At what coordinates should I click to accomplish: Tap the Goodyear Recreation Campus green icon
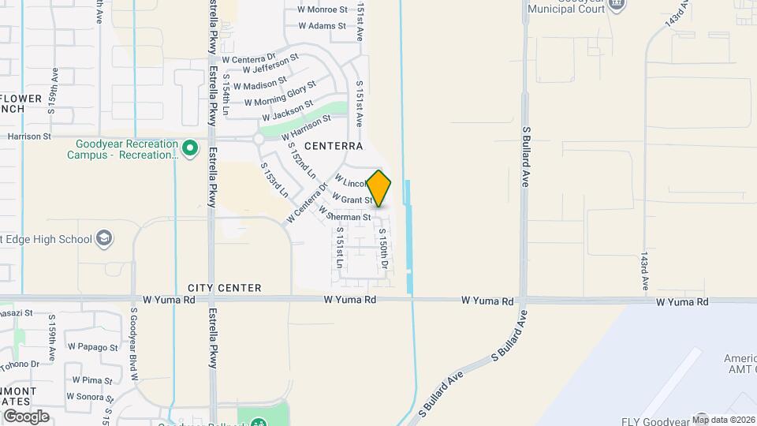[x=189, y=148]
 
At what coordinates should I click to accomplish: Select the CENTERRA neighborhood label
[x=334, y=146]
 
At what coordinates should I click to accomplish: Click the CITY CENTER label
[x=225, y=289]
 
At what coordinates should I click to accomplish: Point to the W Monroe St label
[x=323, y=10]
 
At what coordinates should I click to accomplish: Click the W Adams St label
[x=323, y=26]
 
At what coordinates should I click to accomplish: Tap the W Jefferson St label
[x=270, y=64]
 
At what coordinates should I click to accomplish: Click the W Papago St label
[x=93, y=346]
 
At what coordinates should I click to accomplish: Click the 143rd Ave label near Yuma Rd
[x=644, y=271]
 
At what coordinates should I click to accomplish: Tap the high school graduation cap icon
[x=104, y=238]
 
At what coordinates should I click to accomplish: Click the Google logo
[x=27, y=416]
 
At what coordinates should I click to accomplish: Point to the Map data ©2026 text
[x=723, y=420]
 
